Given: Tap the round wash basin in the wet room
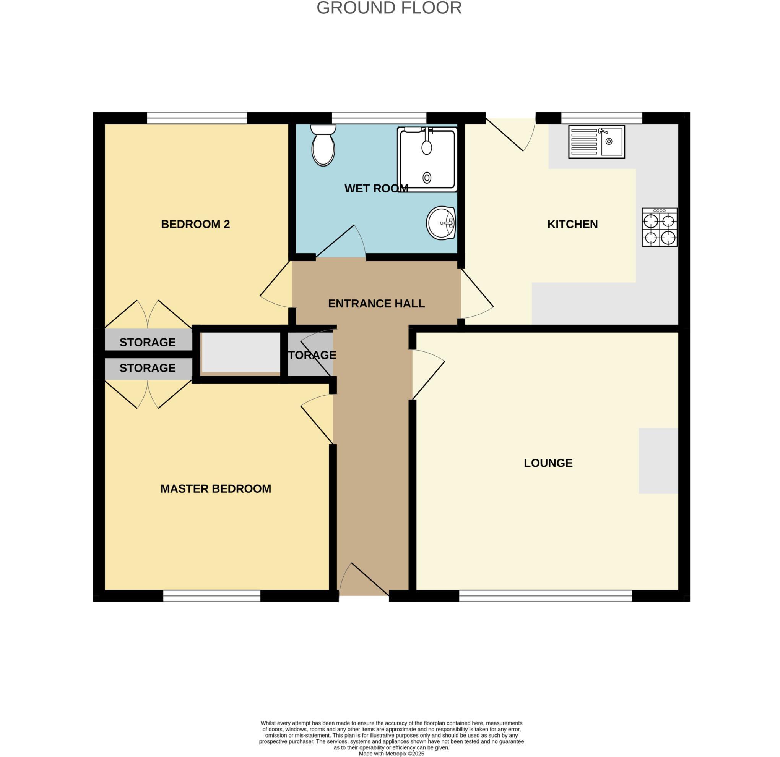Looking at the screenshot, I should (x=441, y=223).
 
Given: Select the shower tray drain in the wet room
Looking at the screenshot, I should (x=427, y=178).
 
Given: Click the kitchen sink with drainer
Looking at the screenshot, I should (x=596, y=142).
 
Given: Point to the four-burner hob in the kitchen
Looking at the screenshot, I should (x=660, y=227).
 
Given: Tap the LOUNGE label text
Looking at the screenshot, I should (x=548, y=463).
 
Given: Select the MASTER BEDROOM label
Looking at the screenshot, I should (x=216, y=488).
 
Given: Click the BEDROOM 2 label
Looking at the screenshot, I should (x=195, y=224).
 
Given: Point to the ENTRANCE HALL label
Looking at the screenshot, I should (x=376, y=304).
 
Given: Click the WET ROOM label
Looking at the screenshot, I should (x=376, y=188).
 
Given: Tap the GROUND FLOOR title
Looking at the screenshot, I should (x=389, y=8).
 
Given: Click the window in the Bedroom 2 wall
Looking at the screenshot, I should (x=197, y=118).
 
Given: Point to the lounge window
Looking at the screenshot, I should (x=545, y=595).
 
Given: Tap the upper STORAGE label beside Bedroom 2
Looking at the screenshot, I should (x=148, y=342).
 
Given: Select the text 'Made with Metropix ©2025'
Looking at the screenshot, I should (x=391, y=754).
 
